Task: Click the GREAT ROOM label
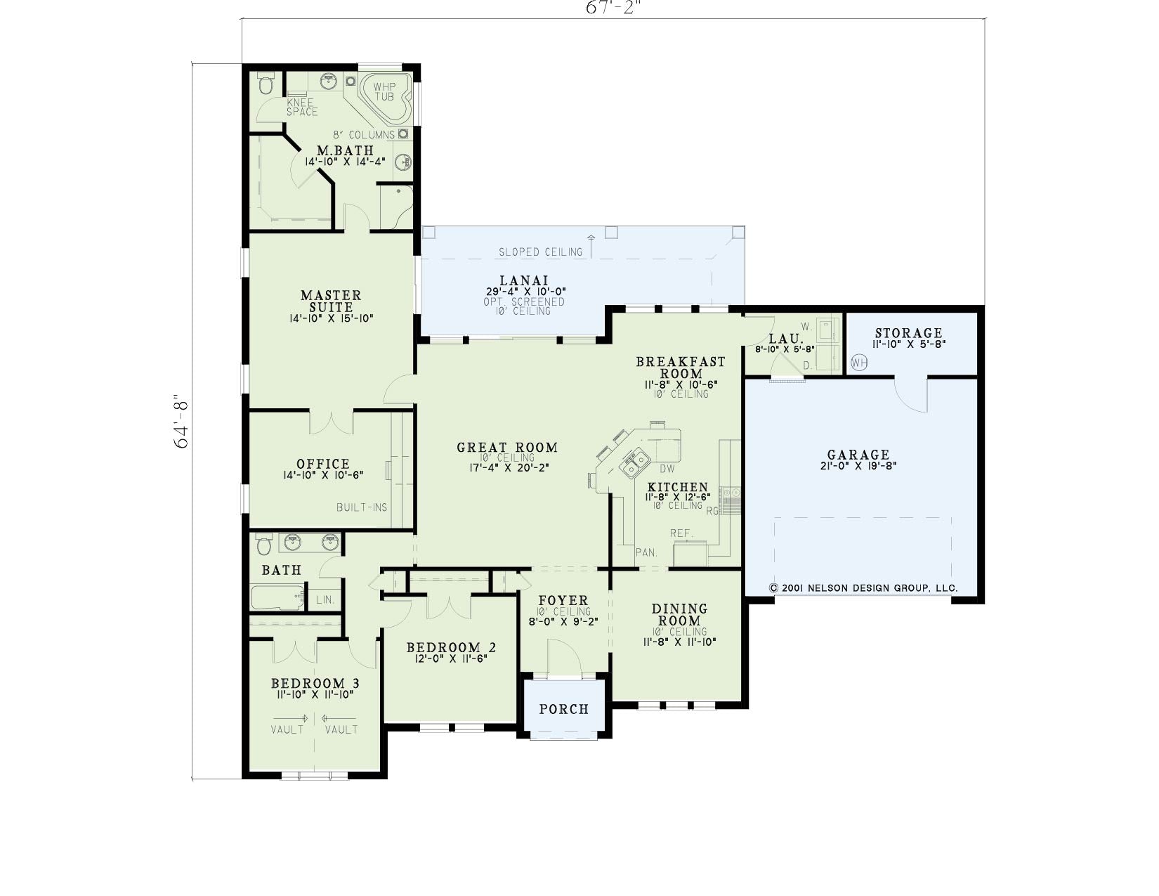[x=506, y=447]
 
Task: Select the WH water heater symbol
[x=859, y=363]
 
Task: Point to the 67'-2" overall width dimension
[x=613, y=8]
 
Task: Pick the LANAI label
[x=524, y=280]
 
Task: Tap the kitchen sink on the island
[x=634, y=462]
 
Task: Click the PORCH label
[x=564, y=709]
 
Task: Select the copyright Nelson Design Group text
[x=863, y=588]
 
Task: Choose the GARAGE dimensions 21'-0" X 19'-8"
[x=858, y=465]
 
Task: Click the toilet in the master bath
[x=265, y=83]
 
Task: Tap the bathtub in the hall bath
[x=278, y=598]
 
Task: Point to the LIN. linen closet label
[x=325, y=600]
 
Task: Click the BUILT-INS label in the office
[x=362, y=507]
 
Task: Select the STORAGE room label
[x=909, y=333]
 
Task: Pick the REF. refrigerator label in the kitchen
[x=681, y=533]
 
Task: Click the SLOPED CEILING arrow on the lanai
[x=591, y=246]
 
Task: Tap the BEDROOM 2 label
[x=451, y=647]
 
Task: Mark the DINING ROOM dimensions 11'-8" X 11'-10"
[x=679, y=642]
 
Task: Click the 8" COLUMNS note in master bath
[x=364, y=135]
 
